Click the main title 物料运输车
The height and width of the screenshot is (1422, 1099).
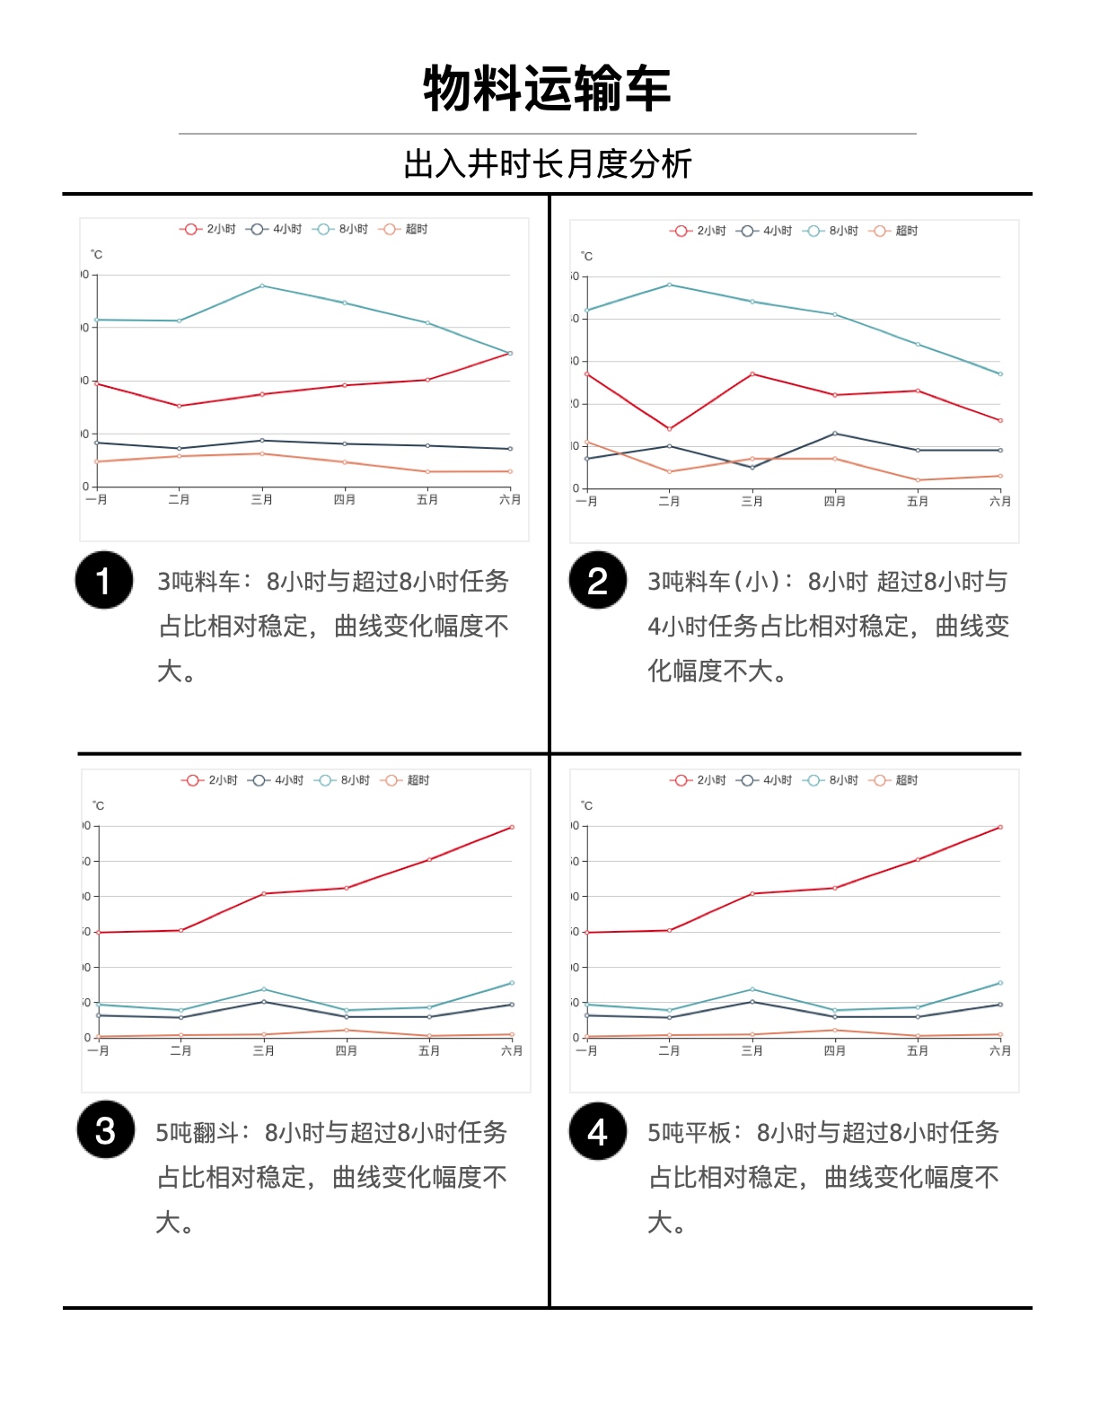[547, 89]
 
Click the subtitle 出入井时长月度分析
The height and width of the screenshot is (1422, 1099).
[548, 164]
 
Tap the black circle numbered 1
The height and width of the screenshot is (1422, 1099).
[104, 580]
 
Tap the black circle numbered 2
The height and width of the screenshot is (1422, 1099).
[597, 580]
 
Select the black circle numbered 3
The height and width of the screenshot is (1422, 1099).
[105, 1130]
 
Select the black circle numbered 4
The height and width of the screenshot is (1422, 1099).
[597, 1131]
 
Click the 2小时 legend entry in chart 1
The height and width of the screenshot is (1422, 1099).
[208, 229]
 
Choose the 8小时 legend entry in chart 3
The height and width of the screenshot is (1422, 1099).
[343, 780]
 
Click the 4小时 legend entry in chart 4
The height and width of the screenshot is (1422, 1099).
[765, 780]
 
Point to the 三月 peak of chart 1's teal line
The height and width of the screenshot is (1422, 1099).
[262, 285]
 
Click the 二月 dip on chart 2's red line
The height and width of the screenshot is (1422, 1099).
[669, 429]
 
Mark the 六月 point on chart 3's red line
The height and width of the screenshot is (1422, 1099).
[512, 827]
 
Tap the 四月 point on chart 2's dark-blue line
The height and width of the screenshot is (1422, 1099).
[835, 434]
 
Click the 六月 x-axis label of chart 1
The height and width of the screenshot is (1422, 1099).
[510, 500]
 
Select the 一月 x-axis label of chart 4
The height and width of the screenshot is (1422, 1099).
[586, 1050]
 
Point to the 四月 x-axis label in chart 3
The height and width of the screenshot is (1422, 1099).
[347, 1050]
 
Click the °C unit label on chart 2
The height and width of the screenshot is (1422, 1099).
[586, 257]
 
